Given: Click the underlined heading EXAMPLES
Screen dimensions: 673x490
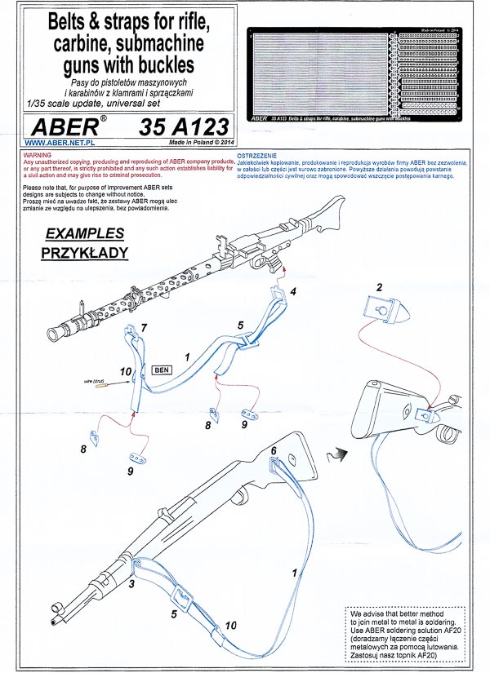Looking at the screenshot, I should coord(84,232).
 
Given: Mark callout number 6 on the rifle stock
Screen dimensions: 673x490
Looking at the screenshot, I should coord(274,451).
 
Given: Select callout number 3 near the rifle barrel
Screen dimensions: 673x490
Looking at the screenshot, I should coord(131,586).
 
